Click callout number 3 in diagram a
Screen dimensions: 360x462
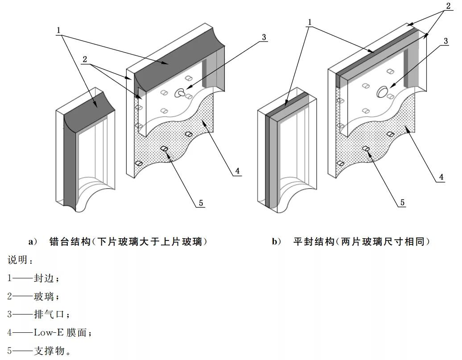pyautogui.click(x=264, y=37)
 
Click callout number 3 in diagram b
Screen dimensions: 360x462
pyautogui.click(x=445, y=41)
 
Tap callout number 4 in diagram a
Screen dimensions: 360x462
pyautogui.click(x=238, y=171)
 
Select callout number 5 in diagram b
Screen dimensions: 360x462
pyautogui.click(x=402, y=203)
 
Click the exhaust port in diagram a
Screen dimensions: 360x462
pyautogui.click(x=181, y=93)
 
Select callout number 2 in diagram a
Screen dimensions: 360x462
pyautogui.click(x=85, y=60)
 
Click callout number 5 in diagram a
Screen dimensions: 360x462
pyautogui.click(x=201, y=203)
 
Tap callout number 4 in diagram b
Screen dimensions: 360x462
pyautogui.click(x=441, y=177)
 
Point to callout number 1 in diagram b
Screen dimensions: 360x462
pyautogui.click(x=309, y=22)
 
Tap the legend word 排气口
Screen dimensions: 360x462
pyautogui.click(x=49, y=314)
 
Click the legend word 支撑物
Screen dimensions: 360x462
pyautogui.click(x=49, y=351)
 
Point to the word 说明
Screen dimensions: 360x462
pyautogui.click(x=16, y=260)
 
